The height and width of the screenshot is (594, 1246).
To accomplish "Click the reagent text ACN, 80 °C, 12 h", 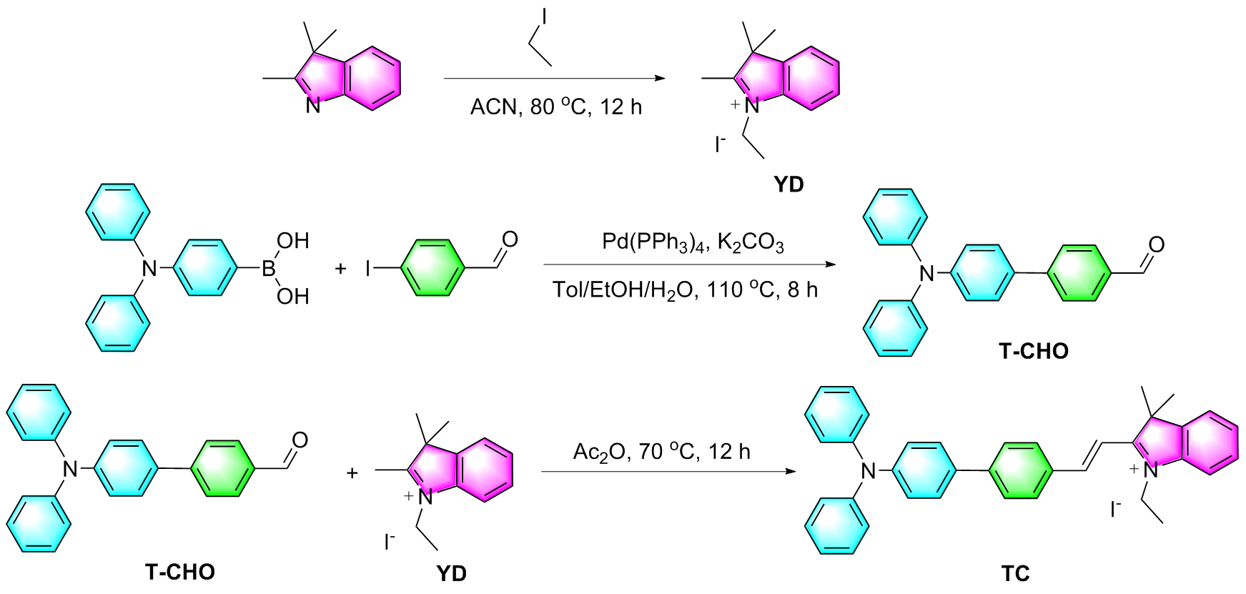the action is [555, 107].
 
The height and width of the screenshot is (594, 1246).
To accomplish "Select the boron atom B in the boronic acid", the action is [268, 269].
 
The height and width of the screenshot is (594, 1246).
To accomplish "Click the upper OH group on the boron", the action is [293, 241].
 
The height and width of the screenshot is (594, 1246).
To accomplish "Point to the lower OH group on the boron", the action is [293, 296].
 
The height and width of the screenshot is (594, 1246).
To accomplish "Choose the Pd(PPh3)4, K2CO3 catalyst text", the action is [693, 243].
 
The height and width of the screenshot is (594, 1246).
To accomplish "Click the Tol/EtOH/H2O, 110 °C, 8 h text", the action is [685, 289].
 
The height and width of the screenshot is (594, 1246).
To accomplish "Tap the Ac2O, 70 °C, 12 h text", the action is [661, 452].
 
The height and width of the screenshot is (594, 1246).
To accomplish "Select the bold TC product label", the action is [1015, 573].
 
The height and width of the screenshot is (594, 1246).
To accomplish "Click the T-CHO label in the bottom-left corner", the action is [180, 572].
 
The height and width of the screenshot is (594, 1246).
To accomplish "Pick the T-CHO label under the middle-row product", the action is [1034, 351].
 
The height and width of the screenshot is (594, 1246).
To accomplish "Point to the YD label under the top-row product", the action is [788, 184].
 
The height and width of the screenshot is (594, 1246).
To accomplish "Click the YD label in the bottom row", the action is [451, 573].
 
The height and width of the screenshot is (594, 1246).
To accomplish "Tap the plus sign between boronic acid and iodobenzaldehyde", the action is [340, 269].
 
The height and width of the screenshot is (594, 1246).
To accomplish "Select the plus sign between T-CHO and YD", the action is [352, 473].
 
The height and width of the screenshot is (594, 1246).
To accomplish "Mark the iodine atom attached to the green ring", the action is [369, 269].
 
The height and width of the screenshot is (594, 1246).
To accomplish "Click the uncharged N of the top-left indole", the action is [313, 106].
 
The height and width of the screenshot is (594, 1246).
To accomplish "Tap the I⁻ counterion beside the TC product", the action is [1115, 510].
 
